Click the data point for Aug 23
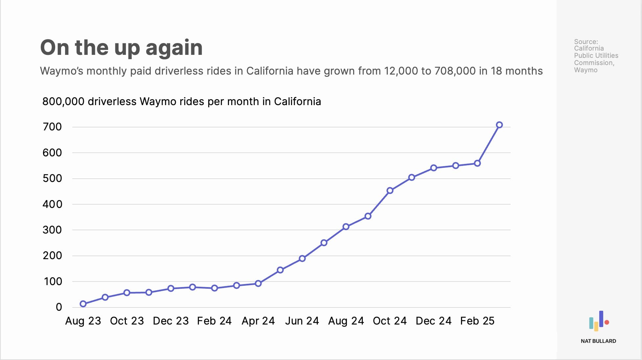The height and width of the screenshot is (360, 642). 83,304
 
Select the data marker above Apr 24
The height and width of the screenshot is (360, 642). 258,283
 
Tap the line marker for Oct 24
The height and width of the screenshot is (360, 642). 390,191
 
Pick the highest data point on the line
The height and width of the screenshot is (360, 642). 499,125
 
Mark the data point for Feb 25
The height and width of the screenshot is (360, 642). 477,163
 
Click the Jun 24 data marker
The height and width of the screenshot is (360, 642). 302,259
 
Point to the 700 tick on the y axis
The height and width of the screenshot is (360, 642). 52,127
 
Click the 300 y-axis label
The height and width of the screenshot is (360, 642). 52,230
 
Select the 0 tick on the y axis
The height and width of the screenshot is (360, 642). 59,307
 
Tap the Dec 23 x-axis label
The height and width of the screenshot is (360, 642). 171,321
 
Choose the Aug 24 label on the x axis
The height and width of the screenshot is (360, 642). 346,321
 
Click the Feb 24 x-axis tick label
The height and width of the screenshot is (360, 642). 214,321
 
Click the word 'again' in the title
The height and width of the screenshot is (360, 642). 174,48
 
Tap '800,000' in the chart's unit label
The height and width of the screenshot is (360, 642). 63,101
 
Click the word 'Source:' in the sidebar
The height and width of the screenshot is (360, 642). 586,42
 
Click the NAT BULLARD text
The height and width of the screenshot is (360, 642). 598,341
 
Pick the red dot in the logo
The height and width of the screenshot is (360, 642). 607,323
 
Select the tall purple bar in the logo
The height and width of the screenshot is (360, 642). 601,319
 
